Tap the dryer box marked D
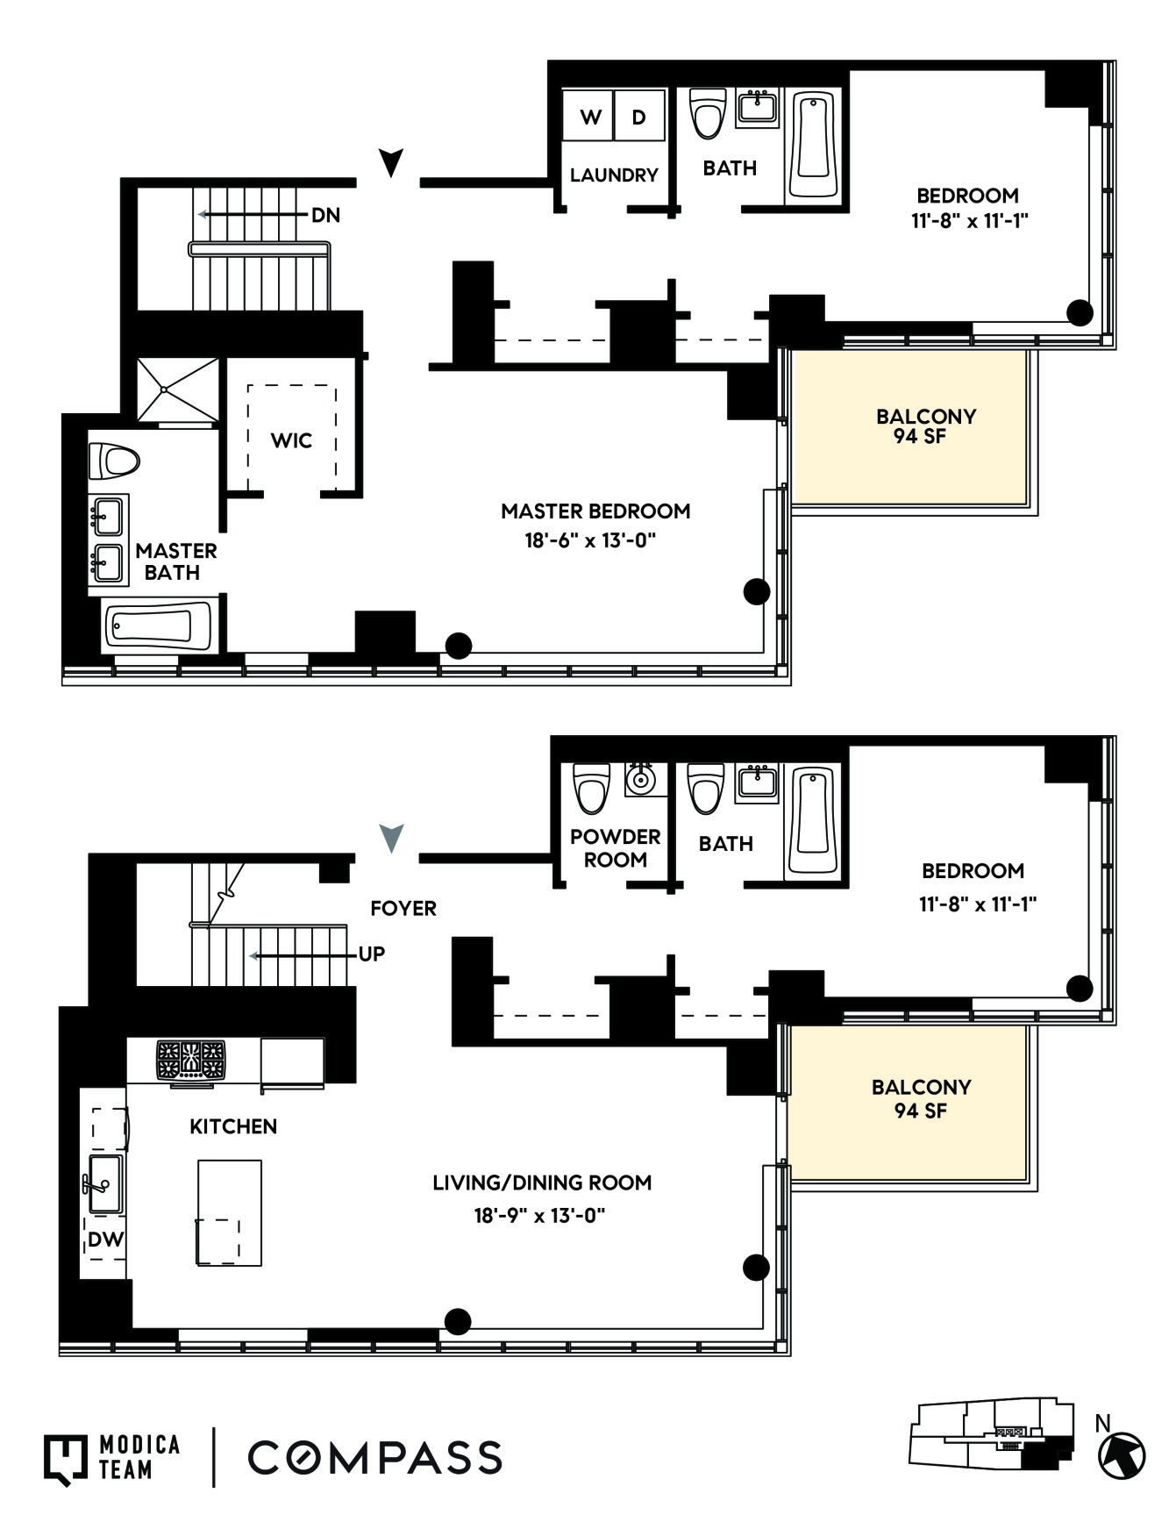639,116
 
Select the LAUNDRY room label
613,175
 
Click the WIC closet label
291,440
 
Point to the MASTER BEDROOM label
595,511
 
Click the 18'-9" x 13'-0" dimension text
540,1216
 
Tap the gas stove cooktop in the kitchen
190,1060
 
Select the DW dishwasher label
105,1240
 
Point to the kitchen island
229,1212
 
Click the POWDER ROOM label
615,848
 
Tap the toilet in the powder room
591,788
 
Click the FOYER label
403,908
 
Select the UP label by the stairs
372,954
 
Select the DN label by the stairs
325,215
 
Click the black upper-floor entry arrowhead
391,162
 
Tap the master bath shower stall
178,389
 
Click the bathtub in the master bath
159,626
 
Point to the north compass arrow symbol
1123,1454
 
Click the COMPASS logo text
374,1457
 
